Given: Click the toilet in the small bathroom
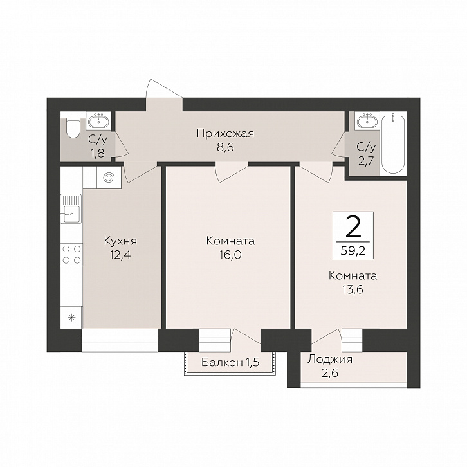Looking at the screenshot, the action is click(x=73, y=128).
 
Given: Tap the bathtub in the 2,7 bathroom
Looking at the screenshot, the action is click(x=393, y=144).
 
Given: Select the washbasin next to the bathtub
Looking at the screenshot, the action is click(x=367, y=120).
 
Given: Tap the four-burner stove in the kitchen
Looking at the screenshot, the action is click(x=71, y=254).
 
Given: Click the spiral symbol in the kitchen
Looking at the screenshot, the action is click(x=109, y=178).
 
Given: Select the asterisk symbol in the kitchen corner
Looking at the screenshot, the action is click(x=71, y=318).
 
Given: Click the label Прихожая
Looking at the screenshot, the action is click(x=225, y=134).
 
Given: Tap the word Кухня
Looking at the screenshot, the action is click(x=120, y=241).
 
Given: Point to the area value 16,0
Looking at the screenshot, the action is click(x=230, y=255).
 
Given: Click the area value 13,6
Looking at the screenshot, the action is click(x=353, y=289).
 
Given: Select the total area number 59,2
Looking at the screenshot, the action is click(x=353, y=251).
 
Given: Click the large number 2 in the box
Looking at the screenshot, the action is click(x=353, y=227).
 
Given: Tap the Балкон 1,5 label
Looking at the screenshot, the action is click(x=230, y=362).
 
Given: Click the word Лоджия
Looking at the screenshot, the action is click(x=330, y=360).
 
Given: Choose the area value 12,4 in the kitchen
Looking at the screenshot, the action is click(x=120, y=255).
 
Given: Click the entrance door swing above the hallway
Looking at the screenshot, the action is click(x=164, y=89).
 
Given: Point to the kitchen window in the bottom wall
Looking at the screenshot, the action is click(x=120, y=340).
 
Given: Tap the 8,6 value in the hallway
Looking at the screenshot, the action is click(x=225, y=147).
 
